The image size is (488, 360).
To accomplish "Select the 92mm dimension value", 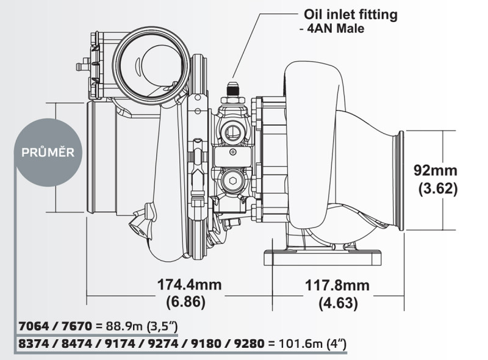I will click(x=435, y=170).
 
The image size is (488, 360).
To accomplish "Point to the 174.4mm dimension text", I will click(x=189, y=285).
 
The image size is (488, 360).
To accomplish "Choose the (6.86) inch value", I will click(x=185, y=302).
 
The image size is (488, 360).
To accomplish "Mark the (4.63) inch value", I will click(x=337, y=302).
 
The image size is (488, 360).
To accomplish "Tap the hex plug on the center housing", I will click(x=231, y=180).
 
